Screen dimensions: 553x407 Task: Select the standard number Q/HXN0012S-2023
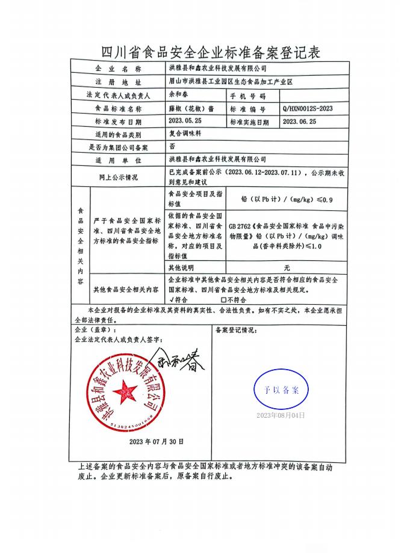click(x=307, y=108)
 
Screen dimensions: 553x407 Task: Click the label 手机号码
click(x=252, y=96)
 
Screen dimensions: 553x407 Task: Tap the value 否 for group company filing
click(x=173, y=146)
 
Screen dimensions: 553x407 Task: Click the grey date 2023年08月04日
click(x=281, y=415)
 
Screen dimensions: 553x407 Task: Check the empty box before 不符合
click(x=223, y=299)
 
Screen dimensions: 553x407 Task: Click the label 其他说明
click(x=182, y=267)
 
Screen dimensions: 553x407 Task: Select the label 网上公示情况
click(x=118, y=177)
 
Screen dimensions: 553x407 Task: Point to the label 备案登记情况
click(x=236, y=330)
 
